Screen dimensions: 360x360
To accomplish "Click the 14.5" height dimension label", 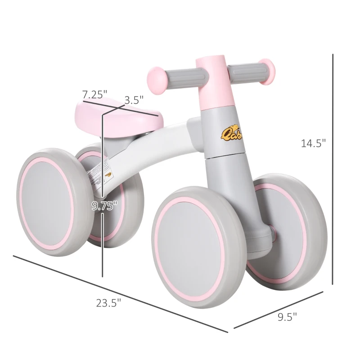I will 313,144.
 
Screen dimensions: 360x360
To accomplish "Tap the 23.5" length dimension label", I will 108,303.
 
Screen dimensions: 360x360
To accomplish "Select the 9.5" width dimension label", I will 288,317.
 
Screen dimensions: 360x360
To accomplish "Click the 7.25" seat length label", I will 94,94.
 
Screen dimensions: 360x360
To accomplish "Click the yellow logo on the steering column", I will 232,131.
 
